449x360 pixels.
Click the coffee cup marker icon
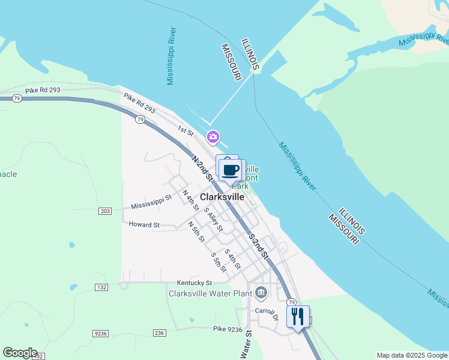[231, 170]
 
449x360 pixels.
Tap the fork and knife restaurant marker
[298, 316]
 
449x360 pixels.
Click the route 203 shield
[105, 211]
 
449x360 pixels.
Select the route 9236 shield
[100, 333]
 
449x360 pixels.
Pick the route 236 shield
[159, 333]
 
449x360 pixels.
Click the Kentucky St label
[194, 283]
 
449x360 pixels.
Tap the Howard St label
[144, 225]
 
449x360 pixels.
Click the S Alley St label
[213, 220]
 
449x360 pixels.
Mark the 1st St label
[185, 130]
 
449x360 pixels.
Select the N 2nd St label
[203, 169]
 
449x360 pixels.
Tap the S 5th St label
[218, 262]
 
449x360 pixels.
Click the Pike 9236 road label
[228, 329]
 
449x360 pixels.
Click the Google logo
[20, 353]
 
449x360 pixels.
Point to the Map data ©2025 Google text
[412, 355]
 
